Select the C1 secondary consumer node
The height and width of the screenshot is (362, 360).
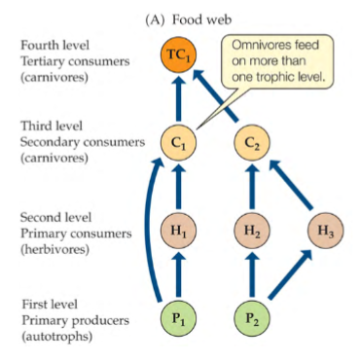pyautogui.click(x=177, y=142)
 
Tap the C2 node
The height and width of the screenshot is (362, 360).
pyautogui.click(x=253, y=142)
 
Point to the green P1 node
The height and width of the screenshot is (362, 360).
pyautogui.click(x=177, y=318)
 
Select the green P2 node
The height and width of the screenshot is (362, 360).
pyautogui.click(x=253, y=318)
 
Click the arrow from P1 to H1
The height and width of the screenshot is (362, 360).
pyautogui.click(x=177, y=275)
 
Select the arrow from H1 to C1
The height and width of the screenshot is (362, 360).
pyautogui.click(x=177, y=187)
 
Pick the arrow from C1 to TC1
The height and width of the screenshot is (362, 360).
pyautogui.click(x=177, y=98)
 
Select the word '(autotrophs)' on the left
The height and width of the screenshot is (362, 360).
pyautogui.click(x=49, y=336)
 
